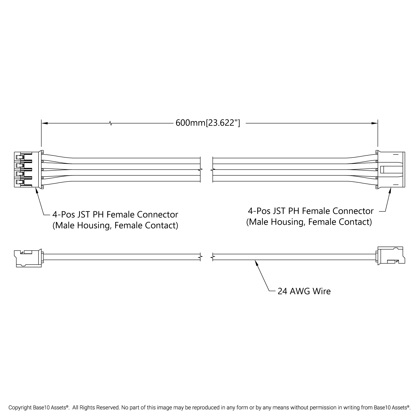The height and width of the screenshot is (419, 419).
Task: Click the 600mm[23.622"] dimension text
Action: tap(208, 123)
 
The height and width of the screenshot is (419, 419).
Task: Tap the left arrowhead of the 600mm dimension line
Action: tap(44, 123)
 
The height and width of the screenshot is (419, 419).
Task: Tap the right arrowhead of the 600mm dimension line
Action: tap(375, 123)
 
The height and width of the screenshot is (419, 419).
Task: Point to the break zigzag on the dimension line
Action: tap(111, 123)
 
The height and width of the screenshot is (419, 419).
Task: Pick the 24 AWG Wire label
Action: tap(304, 291)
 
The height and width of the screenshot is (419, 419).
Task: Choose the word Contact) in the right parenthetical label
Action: tap(355, 222)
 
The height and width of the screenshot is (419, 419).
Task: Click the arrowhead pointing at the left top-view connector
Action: tap(37, 190)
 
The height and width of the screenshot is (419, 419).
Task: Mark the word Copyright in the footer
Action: tap(19, 408)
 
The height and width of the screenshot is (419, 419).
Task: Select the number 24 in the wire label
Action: tap(283, 291)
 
